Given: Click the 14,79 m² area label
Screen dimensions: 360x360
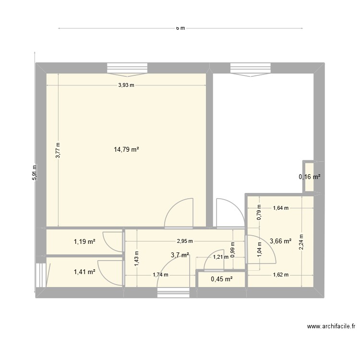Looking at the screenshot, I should coord(126,150).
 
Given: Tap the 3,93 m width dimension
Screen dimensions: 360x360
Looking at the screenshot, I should coord(126,85).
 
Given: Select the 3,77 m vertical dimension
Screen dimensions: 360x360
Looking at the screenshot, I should coord(58,150).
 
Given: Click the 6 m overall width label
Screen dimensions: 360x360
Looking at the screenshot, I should coord(180,28).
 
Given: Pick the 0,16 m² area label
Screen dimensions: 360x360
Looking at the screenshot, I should coord(310,177).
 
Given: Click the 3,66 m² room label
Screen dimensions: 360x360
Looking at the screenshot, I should coord(281,241).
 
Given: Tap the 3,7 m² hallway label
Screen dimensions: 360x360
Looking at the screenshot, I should coord(180,255).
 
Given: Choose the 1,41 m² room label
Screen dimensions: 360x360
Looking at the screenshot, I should coord(84,272).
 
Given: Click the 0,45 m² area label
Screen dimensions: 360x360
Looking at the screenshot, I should coord(222,279).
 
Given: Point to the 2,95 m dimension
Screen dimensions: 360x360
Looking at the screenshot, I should coord(184,241).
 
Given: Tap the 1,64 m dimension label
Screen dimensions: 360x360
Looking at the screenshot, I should coord(281,208).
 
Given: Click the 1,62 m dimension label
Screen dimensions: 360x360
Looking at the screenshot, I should coord(280,275).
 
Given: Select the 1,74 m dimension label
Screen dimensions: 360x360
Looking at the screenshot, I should coord(160,275).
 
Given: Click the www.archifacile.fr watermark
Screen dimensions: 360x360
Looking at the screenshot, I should coord(330,327).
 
